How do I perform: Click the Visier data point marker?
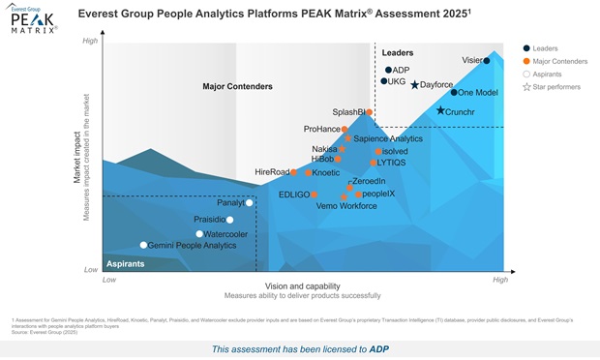[x=487, y=61]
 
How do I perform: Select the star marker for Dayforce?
[x=415, y=85]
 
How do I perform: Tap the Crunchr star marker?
[x=440, y=111]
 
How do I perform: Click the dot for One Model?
[x=454, y=93]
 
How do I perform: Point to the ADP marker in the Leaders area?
[x=388, y=71]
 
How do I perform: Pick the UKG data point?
[x=383, y=81]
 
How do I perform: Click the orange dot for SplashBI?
[x=369, y=112]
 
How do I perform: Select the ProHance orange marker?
[x=345, y=129]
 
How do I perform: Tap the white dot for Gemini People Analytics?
[x=144, y=246]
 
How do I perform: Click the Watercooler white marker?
[x=199, y=234]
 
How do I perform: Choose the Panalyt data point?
[x=250, y=203]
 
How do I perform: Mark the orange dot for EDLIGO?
[x=315, y=195]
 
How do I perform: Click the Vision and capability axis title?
[x=302, y=285]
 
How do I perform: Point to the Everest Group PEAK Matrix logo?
[x=34, y=19]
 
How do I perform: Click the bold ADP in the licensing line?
[x=379, y=348]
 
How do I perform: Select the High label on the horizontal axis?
[x=499, y=280]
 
